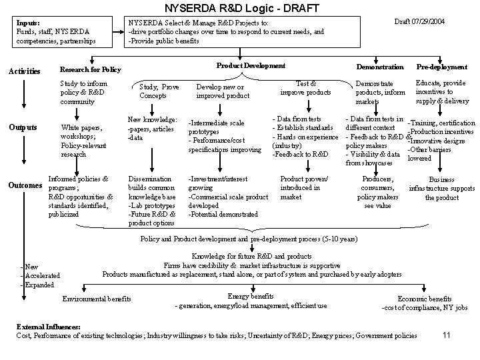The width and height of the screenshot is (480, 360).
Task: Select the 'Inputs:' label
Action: (28, 23)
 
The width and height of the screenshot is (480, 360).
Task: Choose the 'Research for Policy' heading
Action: (90, 69)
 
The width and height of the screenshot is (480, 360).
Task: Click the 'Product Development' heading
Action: (251, 65)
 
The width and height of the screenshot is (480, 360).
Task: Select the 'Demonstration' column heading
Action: (380, 67)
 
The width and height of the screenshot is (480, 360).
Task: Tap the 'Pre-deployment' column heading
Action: (441, 67)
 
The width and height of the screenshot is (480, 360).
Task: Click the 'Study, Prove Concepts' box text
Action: (159, 91)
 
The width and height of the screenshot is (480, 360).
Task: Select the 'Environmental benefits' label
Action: (97, 299)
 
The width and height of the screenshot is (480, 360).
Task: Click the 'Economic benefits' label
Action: (424, 299)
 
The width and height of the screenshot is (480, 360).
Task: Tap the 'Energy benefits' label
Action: (251, 295)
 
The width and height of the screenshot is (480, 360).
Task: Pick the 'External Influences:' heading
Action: (48, 327)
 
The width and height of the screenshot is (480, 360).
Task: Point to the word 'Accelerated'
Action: (43, 275)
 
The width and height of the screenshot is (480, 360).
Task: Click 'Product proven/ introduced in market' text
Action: (304, 188)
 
